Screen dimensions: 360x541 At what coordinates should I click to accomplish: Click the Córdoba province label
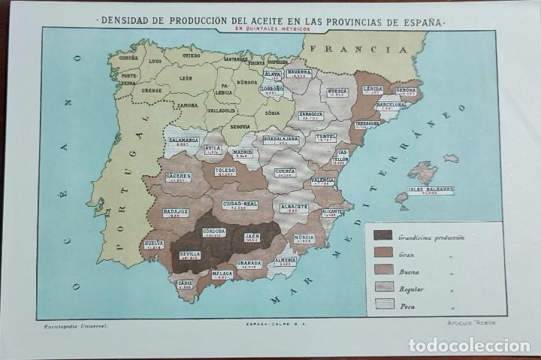point(214,232)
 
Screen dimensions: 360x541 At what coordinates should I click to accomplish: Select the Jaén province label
point(253,238)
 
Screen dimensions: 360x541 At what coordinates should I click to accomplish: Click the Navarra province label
point(299,74)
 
